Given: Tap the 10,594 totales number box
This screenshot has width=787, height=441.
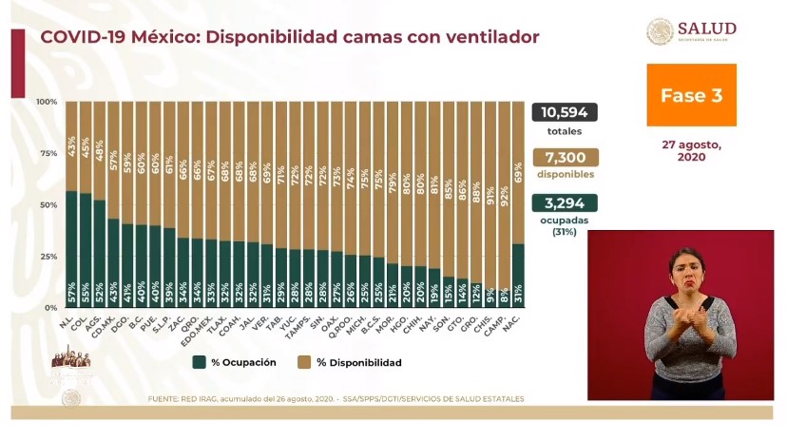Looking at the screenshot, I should coord(565,113).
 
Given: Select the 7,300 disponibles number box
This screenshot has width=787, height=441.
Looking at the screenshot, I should coord(565,158).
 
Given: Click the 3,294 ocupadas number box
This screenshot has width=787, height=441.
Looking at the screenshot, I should coord(565,202).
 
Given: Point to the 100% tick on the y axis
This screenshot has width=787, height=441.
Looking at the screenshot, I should coord(46,102).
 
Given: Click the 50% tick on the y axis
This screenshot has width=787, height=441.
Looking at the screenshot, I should coord(46,205).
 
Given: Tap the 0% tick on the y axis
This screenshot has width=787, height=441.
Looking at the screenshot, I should coord(48,308).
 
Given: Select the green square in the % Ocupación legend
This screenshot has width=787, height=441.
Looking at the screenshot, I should coord(199,362).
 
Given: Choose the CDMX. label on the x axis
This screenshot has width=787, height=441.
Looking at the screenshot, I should coord(110,326).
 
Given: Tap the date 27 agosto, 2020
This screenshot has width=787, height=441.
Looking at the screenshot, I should coord(691,151).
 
